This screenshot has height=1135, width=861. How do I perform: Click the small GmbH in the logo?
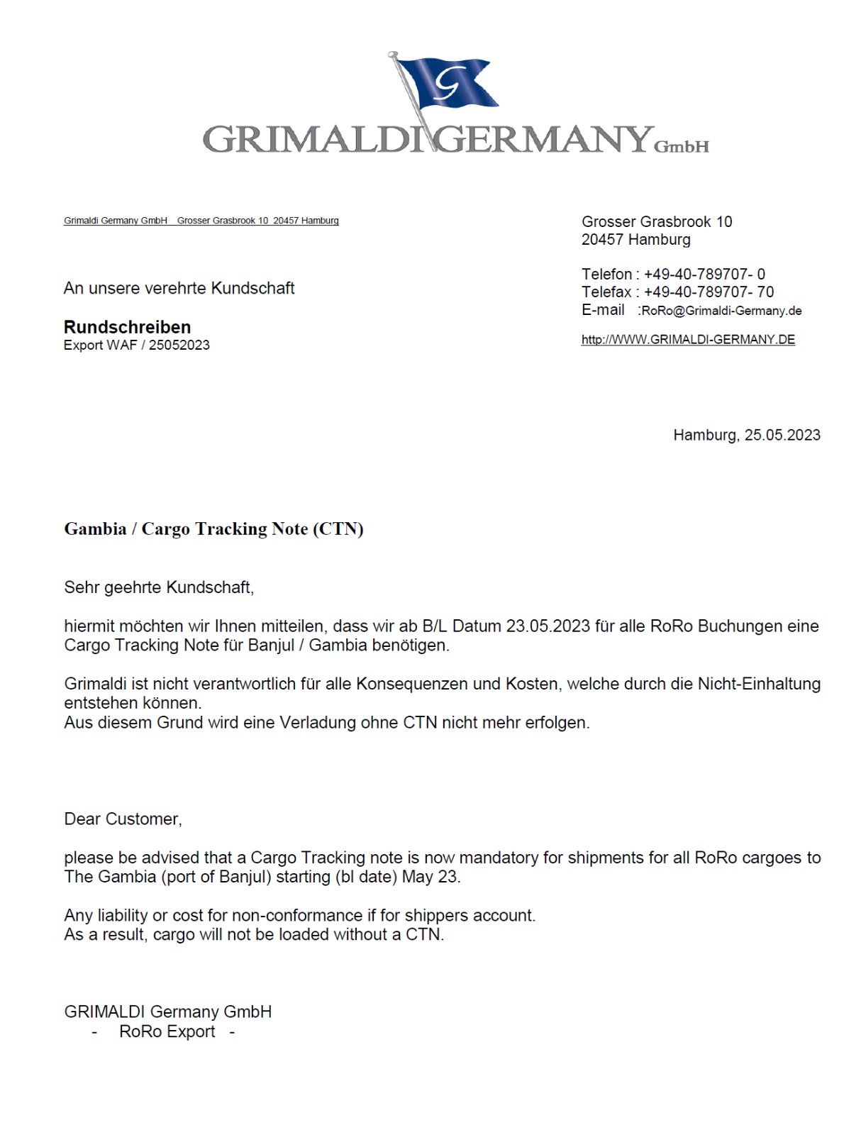coord(681,147)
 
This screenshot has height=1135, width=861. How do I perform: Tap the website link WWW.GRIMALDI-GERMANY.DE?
coord(688,339)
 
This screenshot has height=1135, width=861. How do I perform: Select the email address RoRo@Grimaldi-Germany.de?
coord(721,311)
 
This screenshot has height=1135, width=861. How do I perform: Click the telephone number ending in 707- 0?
coord(704,275)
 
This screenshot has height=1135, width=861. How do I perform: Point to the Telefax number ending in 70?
coord(709,292)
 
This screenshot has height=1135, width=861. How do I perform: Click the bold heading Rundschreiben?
coord(127,327)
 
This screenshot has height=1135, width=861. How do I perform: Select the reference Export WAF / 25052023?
coord(137,345)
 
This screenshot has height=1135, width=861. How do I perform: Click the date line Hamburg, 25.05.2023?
coord(746,435)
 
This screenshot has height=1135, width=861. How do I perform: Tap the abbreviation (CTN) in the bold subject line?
coord(338,529)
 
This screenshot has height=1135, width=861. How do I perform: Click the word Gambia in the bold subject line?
coord(95,529)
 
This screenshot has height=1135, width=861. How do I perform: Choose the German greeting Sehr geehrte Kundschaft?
coord(158,587)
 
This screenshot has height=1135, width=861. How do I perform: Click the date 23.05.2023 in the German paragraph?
coord(548,626)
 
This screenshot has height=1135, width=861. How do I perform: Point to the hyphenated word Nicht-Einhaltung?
coord(759,684)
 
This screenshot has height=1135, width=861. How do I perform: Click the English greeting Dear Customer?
coord(123,819)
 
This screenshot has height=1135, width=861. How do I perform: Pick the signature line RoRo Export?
coord(167,1031)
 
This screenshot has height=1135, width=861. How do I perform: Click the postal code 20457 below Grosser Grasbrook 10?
coord(602,240)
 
